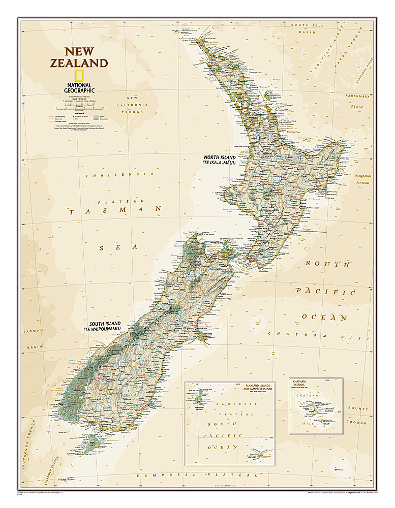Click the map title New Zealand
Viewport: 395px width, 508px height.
78,57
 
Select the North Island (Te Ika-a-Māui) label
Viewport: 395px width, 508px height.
219,160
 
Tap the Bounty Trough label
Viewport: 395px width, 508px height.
357,415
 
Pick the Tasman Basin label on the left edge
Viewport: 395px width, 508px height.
34,339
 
